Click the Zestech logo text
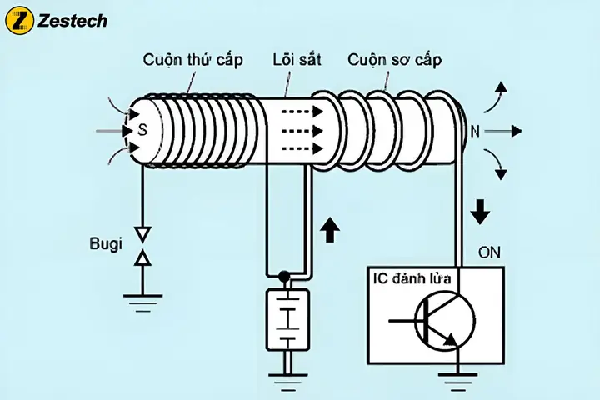(x=71, y=21)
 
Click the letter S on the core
(x=142, y=131)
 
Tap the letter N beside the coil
(x=475, y=131)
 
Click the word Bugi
(x=105, y=245)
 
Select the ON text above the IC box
(x=491, y=252)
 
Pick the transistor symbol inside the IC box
(x=442, y=321)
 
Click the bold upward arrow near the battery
(x=331, y=227)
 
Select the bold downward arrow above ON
(x=480, y=210)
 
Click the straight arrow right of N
(x=504, y=131)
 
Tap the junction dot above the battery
(x=284, y=275)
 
